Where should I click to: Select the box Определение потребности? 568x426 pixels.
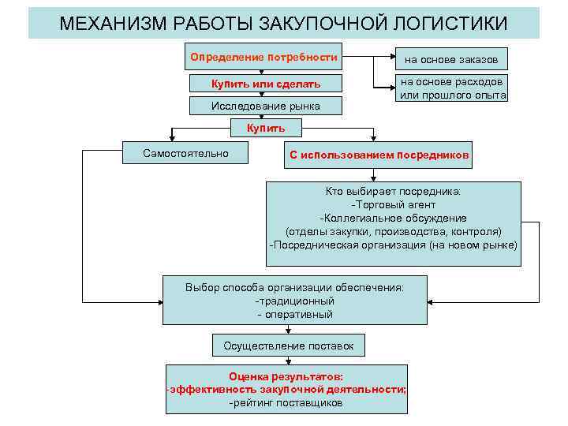pyautogui.click(x=264, y=58)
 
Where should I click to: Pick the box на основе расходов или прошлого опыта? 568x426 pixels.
pyautogui.click(x=452, y=88)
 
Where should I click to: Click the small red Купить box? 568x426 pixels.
pyautogui.click(x=266, y=128)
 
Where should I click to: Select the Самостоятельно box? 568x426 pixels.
pyautogui.click(x=186, y=153)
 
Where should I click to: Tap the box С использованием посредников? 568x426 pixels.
pyautogui.click(x=379, y=155)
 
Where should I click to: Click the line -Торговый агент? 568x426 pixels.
pyautogui.click(x=393, y=204)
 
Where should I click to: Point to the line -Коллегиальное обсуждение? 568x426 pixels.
pyautogui.click(x=393, y=218)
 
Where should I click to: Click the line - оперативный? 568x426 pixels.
pyautogui.click(x=294, y=314)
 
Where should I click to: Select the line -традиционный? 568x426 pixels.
pyautogui.click(x=294, y=301)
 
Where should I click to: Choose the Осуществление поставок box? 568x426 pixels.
pyautogui.click(x=294, y=346)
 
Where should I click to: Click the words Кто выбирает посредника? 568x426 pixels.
pyautogui.click(x=393, y=191)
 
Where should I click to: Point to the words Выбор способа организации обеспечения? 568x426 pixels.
pyautogui.click(x=294, y=287)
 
